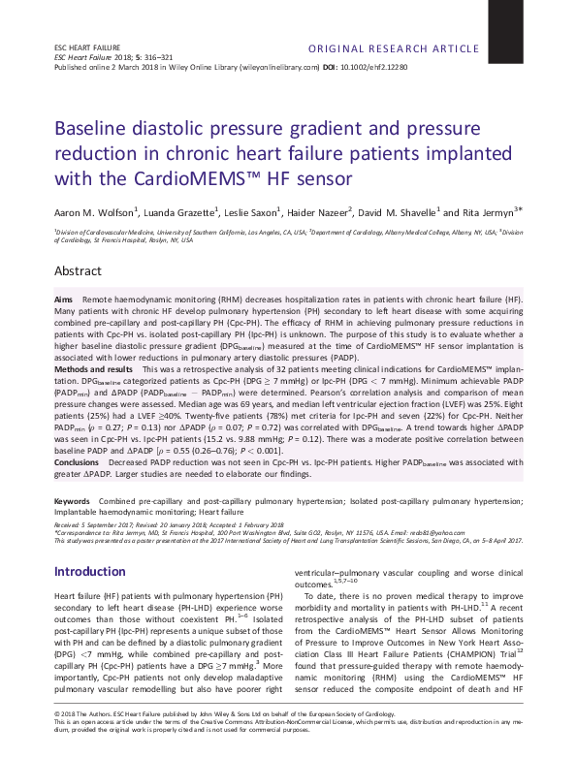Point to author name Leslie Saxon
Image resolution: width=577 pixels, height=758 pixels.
pos(251,212)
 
